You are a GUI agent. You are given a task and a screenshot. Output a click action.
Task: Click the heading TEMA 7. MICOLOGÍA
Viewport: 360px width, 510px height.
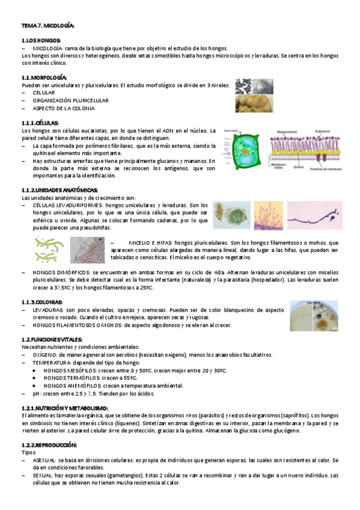point(47,26)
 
